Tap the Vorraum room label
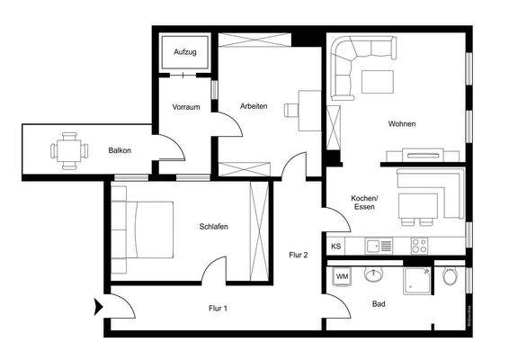coord(186,108)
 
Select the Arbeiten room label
coord(254,106)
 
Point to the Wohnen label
coord(402,124)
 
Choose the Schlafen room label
coord(213,227)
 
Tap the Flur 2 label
coord(299,255)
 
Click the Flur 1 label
coord(218,309)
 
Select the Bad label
coord(380,304)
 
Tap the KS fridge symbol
coord(336,246)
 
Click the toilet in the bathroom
coord(451,275)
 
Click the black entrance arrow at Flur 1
coord(97,308)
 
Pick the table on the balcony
coord(68,150)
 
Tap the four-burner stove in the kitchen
coord(419,244)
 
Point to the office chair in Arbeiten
coord(292,111)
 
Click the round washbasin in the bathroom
coord(373,274)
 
